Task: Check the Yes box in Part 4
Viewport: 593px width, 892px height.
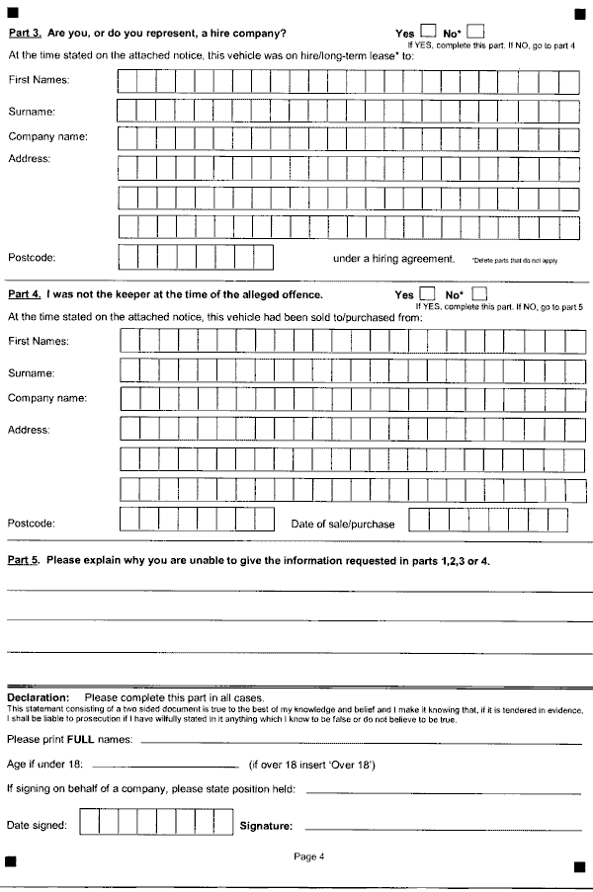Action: (428, 293)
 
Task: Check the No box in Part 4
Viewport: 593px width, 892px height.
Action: (480, 293)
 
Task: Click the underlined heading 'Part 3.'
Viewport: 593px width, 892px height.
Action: (25, 34)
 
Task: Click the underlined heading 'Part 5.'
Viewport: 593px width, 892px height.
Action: (25, 561)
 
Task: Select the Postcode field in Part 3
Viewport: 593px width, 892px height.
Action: (195, 258)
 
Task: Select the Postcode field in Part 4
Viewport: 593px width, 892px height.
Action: (197, 520)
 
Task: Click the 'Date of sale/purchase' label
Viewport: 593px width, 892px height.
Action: (342, 525)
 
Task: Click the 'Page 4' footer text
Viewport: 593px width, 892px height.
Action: (309, 856)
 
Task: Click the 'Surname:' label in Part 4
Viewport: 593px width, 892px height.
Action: (31, 373)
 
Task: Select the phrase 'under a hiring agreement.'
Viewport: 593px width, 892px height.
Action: (393, 259)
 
